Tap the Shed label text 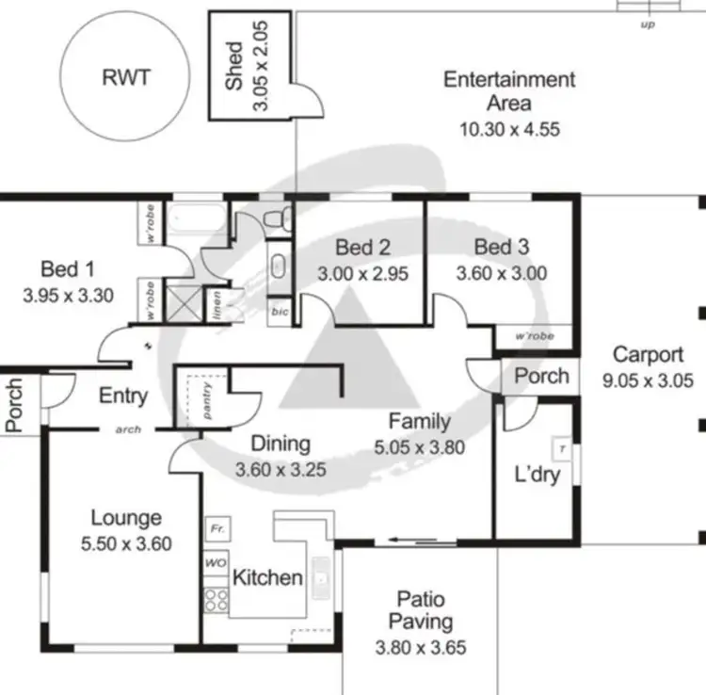[234, 65]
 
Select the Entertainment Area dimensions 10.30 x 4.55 [509, 129]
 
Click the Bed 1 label [67, 269]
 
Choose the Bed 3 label [501, 248]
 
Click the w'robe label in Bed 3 [534, 336]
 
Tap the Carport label [648, 355]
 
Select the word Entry [123, 396]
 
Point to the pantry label [208, 399]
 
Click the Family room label [420, 422]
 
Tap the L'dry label [538, 474]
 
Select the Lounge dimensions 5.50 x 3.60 [125, 543]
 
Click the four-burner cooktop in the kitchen [216, 601]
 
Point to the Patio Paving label [421, 610]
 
